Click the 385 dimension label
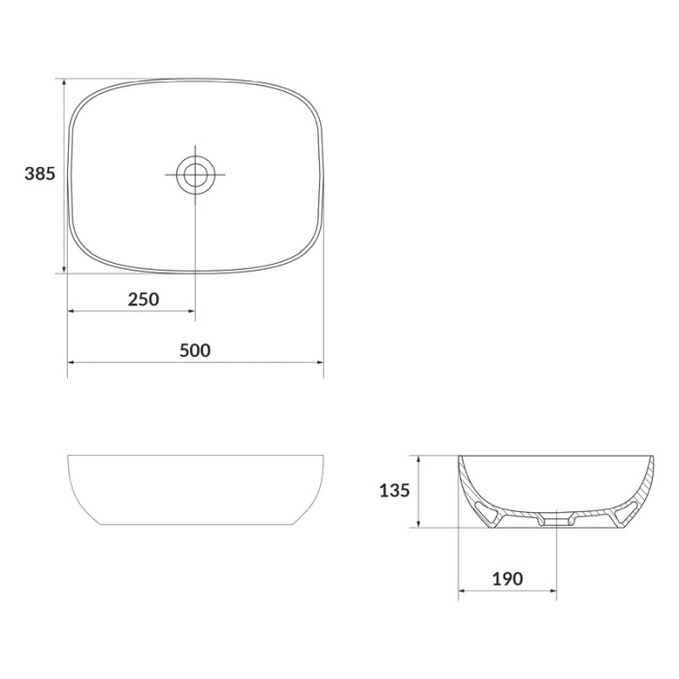(40, 174)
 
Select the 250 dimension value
(144, 299)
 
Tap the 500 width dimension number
(195, 350)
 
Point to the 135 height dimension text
(395, 491)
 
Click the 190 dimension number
(507, 578)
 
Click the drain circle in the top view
(195, 175)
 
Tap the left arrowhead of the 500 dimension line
(71, 362)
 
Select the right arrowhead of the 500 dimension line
(320, 362)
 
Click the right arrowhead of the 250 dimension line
(191, 311)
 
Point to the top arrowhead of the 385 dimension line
(64, 82)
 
